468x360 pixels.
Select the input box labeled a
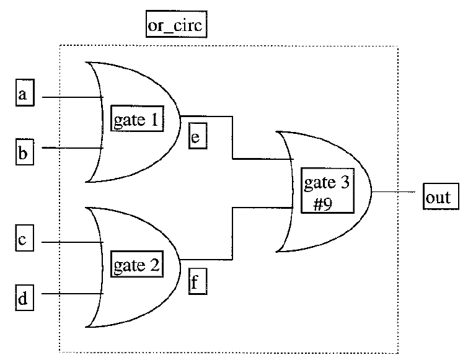pos(23,96)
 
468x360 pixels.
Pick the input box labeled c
pos(23,241)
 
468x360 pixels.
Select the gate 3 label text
pos(327,184)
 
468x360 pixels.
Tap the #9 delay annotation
pos(324,202)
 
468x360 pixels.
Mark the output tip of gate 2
pos(180,258)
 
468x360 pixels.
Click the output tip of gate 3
pos(372,192)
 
